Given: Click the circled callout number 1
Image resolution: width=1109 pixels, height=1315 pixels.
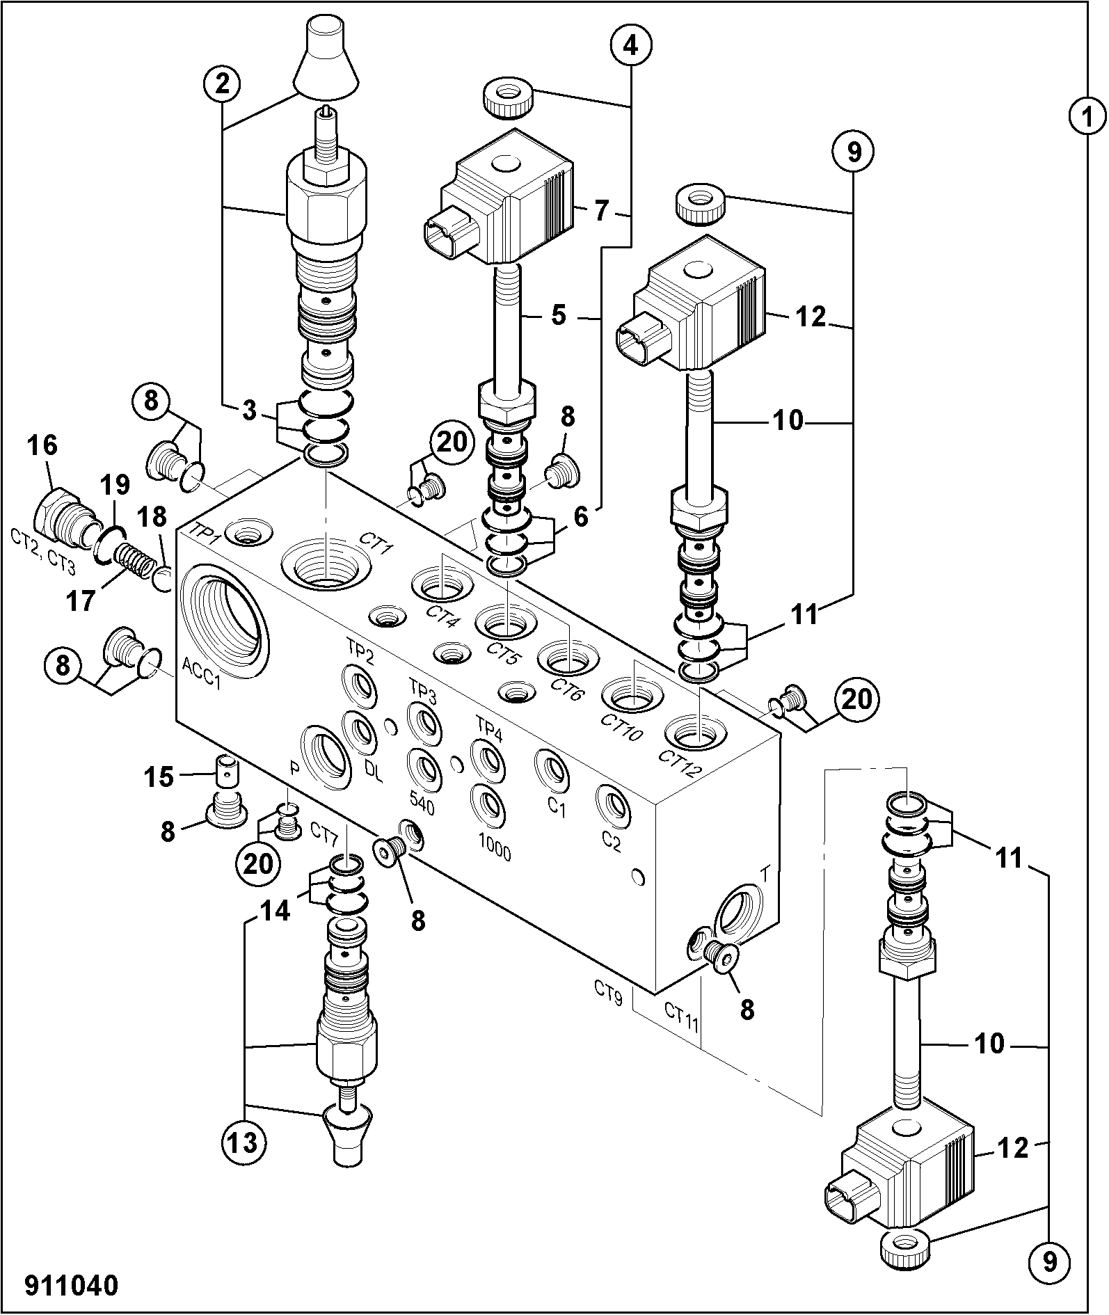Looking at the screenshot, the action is pyautogui.click(x=1087, y=116).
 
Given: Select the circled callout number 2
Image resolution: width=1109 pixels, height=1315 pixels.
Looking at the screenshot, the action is pyautogui.click(x=222, y=84).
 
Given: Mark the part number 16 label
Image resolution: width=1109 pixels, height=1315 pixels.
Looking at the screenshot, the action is pyautogui.click(x=43, y=445).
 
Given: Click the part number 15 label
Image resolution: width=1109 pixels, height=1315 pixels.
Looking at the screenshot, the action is pyautogui.click(x=159, y=776).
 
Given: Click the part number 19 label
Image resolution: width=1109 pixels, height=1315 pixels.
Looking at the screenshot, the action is pyautogui.click(x=113, y=486).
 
